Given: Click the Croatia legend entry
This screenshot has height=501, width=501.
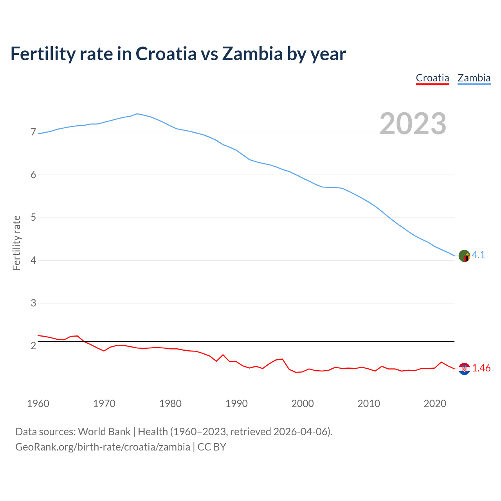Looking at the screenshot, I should point(432,78).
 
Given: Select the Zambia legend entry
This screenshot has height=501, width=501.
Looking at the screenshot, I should point(474,78).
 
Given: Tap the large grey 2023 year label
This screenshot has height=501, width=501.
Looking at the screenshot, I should point(413,124).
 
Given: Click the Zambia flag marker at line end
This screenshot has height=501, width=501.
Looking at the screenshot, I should point(464,256).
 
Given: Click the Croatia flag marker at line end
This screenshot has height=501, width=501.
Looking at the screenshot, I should point(464,369).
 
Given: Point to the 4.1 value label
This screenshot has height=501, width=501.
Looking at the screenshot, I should point(478,255).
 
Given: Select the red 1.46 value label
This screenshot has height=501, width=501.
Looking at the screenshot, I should point(481,368).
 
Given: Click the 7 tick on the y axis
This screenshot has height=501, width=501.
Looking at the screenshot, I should point(33,132).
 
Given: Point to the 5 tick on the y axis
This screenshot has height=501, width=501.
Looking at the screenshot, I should point(33,218).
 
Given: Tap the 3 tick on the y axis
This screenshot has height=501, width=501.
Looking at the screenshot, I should point(33,303).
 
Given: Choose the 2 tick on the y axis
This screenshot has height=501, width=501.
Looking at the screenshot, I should point(33,346).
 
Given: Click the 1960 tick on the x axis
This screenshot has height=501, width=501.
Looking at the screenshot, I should point(38,404).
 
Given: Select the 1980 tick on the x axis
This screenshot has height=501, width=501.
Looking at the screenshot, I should point(170,404).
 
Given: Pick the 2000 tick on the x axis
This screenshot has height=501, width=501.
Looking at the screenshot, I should point(303,404).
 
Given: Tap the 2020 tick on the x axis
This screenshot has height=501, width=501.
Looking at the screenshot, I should point(435,404).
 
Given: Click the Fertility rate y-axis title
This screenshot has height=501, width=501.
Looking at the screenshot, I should point(16,243).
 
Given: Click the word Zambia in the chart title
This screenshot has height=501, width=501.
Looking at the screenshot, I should point(252,54).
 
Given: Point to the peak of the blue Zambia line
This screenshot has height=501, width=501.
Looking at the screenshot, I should point(137,114).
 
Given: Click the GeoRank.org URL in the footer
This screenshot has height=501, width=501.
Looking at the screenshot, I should point(103,447).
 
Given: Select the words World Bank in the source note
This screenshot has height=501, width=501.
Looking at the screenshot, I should point(104,432).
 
